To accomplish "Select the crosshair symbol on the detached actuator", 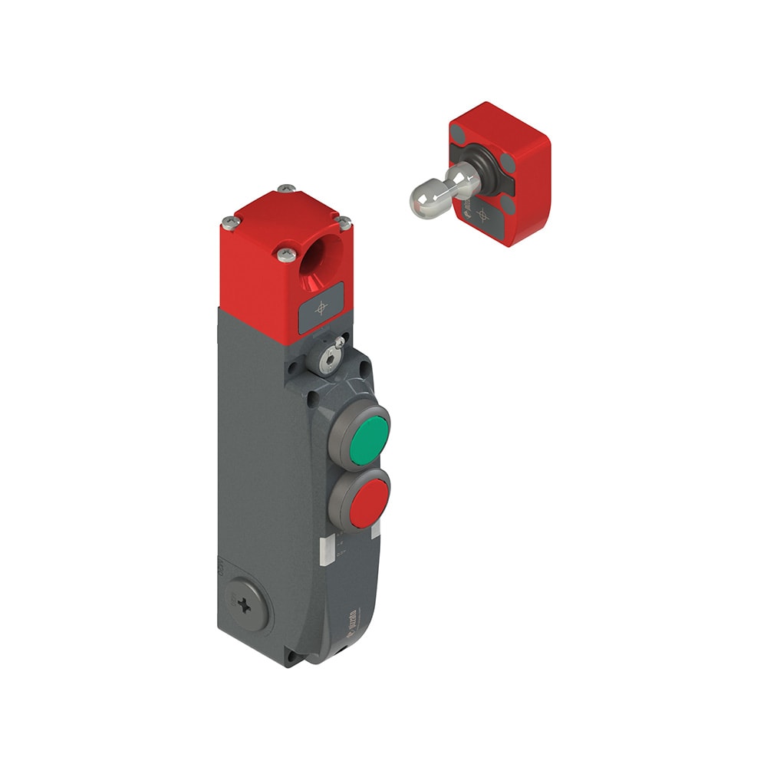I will [x=482, y=214].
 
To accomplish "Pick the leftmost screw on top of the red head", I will [x=229, y=222].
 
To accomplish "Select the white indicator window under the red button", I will [x=376, y=532].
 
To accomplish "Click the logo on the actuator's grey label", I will [x=467, y=209].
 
